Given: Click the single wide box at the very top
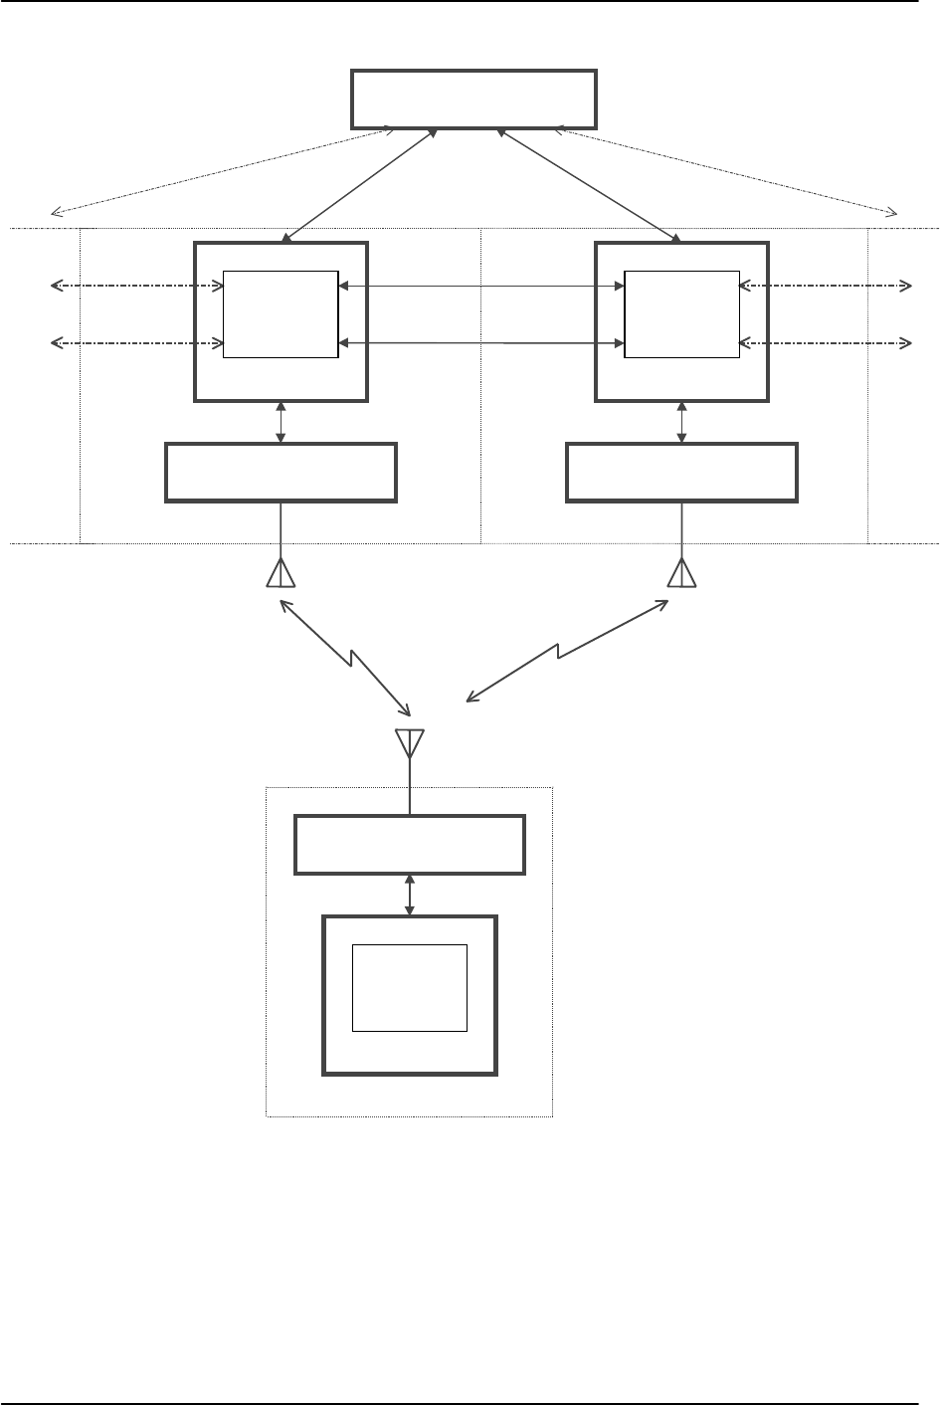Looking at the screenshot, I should (x=474, y=99).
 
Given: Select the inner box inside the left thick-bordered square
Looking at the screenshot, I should (x=281, y=313).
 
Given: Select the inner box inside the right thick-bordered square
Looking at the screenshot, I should (x=681, y=313).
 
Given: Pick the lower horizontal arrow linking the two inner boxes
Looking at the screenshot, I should (x=481, y=343).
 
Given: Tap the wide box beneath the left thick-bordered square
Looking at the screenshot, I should (x=281, y=472).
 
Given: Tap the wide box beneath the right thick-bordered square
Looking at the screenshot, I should (x=681, y=472).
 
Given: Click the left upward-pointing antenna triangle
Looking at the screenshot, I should (x=282, y=574).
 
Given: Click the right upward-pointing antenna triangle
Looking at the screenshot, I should (x=682, y=574).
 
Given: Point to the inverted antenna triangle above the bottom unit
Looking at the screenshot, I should (x=410, y=741).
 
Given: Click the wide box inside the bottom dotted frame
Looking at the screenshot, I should (x=410, y=845).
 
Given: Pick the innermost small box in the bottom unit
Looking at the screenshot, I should (x=410, y=988).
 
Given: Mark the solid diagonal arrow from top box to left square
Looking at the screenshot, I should (x=361, y=185).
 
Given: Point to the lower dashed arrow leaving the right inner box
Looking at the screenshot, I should (x=826, y=343).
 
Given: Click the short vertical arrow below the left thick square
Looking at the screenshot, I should (x=282, y=423).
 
